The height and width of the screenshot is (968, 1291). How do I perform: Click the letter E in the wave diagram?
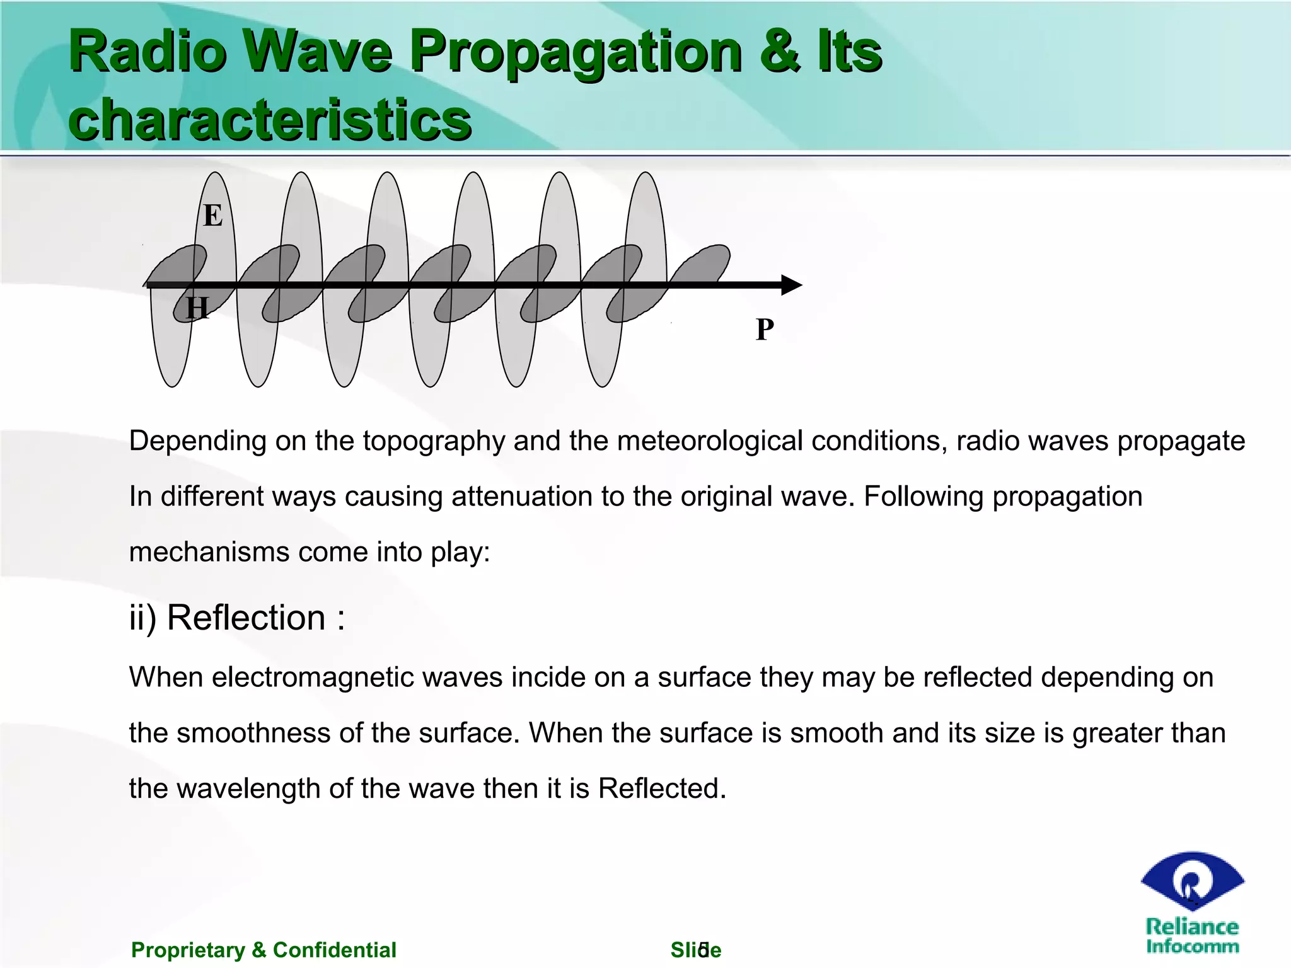click(x=213, y=216)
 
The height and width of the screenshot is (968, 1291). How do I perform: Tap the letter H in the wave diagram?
click(x=197, y=309)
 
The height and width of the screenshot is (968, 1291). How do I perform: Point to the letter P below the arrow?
click(x=765, y=329)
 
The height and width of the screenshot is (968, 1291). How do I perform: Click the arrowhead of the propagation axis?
click(x=791, y=285)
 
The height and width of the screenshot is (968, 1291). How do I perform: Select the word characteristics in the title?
click(x=270, y=120)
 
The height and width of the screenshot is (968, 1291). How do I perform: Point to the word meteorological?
click(x=710, y=441)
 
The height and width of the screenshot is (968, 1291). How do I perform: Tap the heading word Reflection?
click(x=246, y=617)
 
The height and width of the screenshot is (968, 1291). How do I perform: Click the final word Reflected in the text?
click(x=662, y=788)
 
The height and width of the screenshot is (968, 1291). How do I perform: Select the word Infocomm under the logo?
click(x=1192, y=946)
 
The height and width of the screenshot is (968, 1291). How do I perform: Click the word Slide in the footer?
click(x=695, y=950)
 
